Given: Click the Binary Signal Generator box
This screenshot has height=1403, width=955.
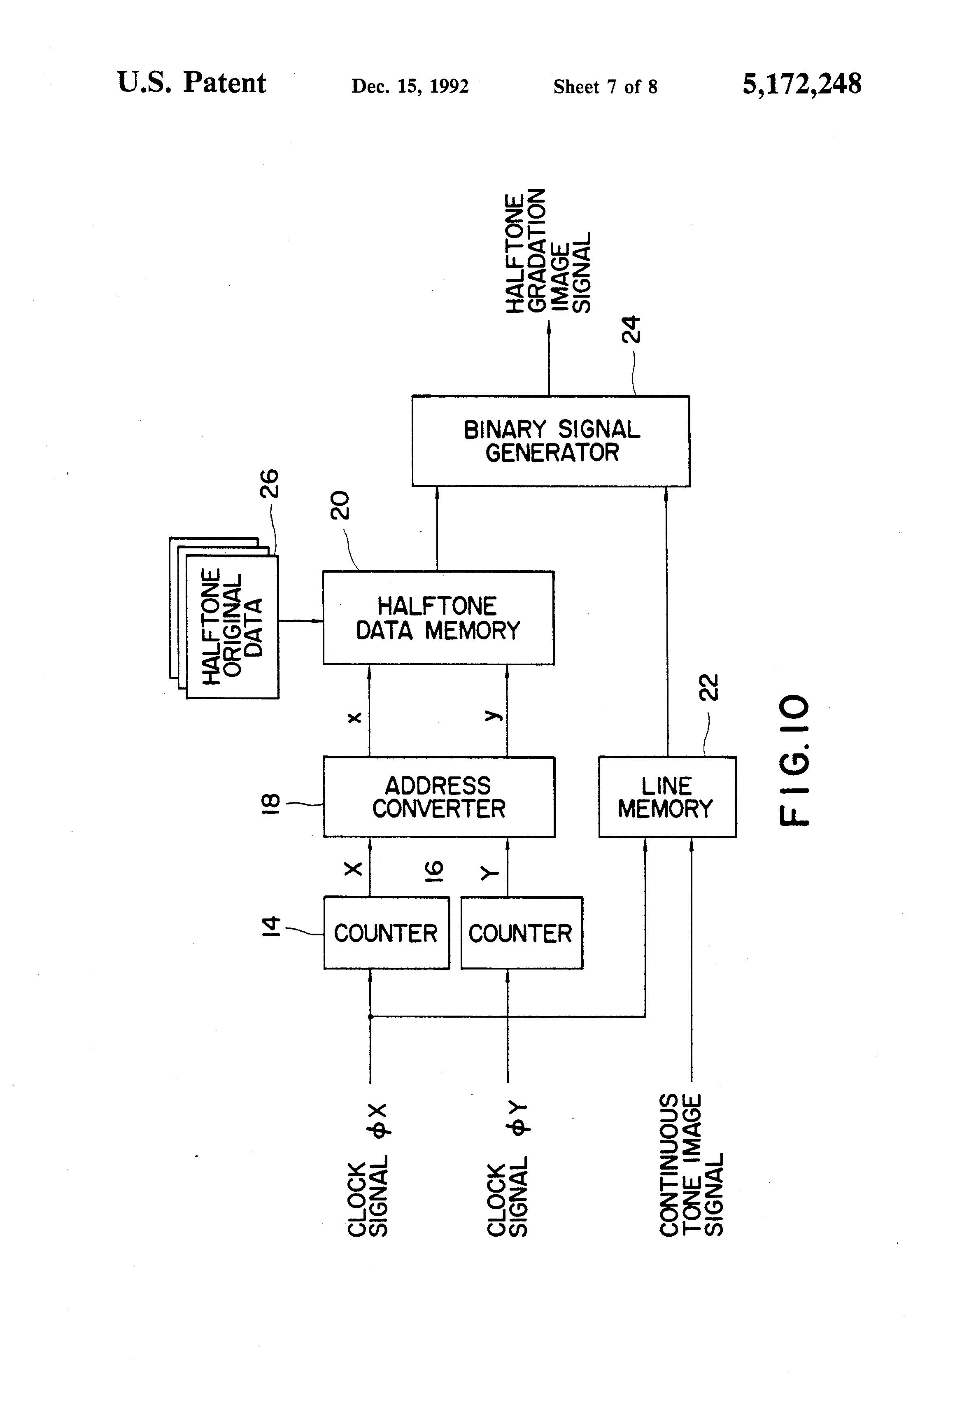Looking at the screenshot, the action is click(x=550, y=440).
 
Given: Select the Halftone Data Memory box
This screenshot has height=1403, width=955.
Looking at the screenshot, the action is click(x=438, y=618).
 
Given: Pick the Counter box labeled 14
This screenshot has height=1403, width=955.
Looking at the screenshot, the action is click(x=387, y=933).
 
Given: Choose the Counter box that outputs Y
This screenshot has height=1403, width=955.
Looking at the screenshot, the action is click(x=522, y=933).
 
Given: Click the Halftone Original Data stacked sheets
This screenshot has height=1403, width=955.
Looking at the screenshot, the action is click(x=224, y=618).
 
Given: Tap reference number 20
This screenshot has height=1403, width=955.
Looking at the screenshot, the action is click(x=340, y=505).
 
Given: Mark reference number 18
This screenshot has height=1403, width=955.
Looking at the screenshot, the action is click(x=270, y=804).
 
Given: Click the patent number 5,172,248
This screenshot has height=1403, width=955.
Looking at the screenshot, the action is click(x=802, y=84).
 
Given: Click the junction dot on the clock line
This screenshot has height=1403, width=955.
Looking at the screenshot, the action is click(x=370, y=1016).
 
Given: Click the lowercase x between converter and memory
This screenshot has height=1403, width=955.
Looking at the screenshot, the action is click(x=355, y=717).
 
